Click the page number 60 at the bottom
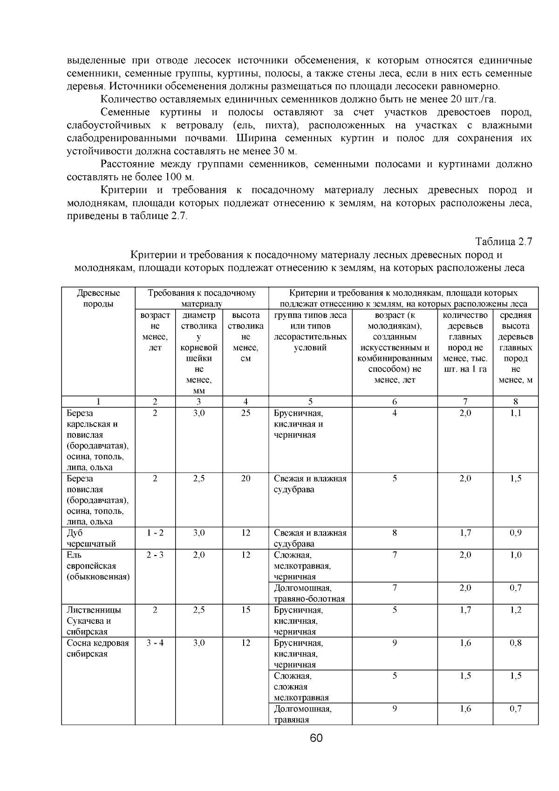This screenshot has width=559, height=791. pyautogui.click(x=316, y=738)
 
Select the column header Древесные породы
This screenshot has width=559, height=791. pyautogui.click(x=98, y=298)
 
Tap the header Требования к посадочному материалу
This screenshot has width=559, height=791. pyautogui.click(x=202, y=298)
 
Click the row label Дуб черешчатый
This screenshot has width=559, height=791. pyautogui.click(x=91, y=538)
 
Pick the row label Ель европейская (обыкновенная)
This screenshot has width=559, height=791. pyautogui.click(x=97, y=565)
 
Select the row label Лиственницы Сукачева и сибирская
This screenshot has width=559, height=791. pyautogui.click(x=94, y=620)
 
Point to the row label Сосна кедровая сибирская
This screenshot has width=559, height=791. pyautogui.click(x=97, y=648)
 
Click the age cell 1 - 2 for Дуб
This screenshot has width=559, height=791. pyautogui.click(x=155, y=533)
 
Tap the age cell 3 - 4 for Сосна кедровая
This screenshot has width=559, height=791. pyautogui.click(x=155, y=643)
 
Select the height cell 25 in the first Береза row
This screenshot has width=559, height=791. pyautogui.click(x=246, y=413)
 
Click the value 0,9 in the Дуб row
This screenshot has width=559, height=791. pyautogui.click(x=515, y=533)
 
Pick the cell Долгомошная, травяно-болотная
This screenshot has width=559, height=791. pyautogui.click(x=309, y=593)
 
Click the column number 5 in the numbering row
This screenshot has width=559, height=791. pyautogui.click(x=311, y=401)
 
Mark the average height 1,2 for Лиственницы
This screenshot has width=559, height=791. pyautogui.click(x=515, y=610)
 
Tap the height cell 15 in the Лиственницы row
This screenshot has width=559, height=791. pyautogui.click(x=246, y=610)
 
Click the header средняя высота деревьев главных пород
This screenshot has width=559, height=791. pyautogui.click(x=515, y=347)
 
